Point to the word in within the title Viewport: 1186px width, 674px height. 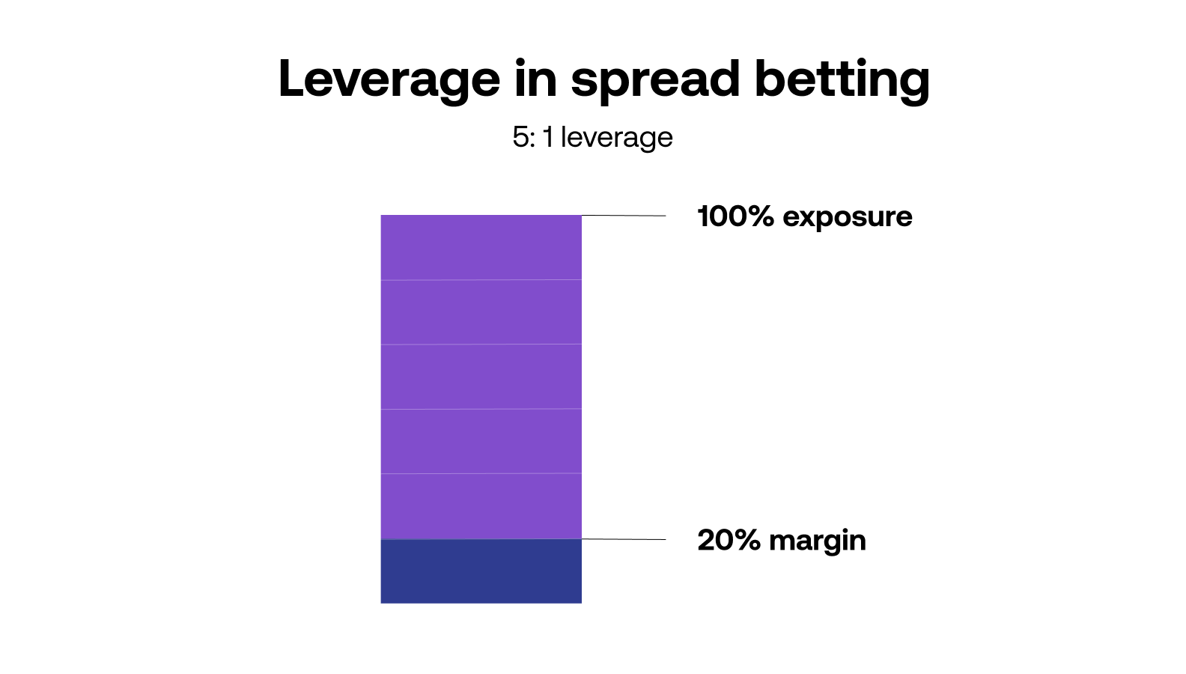pos(535,78)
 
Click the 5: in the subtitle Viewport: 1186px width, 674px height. pos(523,137)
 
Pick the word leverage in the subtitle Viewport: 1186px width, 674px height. pos(616,138)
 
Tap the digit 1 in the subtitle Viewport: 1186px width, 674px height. pos(549,137)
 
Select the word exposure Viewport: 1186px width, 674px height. pos(847,217)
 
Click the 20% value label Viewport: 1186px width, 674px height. pos(729,540)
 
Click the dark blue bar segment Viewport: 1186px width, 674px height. pos(481,571)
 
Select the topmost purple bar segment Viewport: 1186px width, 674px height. pos(481,247)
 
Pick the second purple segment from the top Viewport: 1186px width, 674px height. pos(481,312)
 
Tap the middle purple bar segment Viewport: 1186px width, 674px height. pos(481,376)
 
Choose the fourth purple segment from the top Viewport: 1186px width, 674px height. pos(481,440)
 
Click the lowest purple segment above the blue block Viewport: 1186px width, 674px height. pos(481,506)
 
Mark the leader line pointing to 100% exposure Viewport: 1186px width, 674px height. pos(624,216)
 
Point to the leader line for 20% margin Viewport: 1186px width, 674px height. pos(624,539)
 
